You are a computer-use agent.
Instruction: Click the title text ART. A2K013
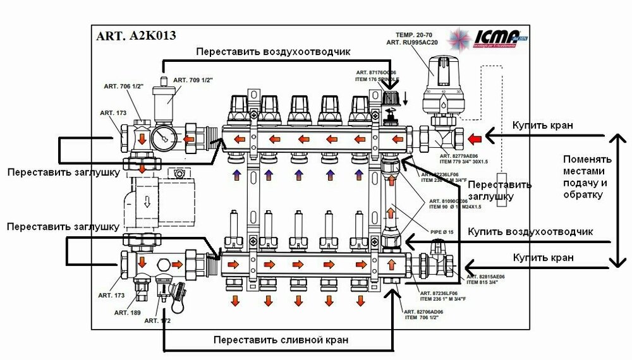click(136, 36)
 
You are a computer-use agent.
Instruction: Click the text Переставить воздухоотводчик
click(272, 51)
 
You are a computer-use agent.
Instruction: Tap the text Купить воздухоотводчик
click(530, 232)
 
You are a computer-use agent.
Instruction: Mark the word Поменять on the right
click(587, 159)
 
